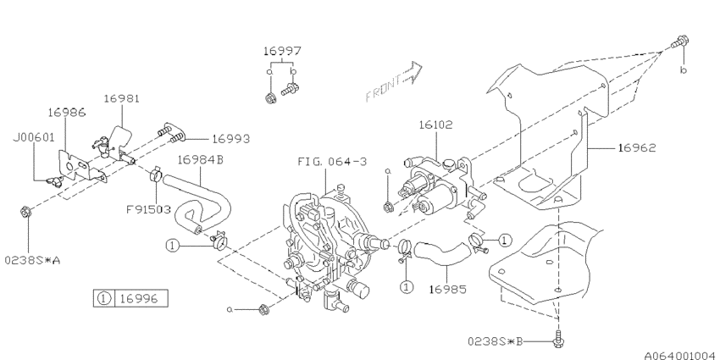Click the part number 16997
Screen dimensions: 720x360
coord(282,51)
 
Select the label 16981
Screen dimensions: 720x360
coord(122,98)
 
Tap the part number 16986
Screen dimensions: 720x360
coord(67,113)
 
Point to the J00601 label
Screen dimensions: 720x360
coord(34,137)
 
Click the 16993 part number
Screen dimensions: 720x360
coord(230,139)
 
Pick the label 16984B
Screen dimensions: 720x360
coord(200,159)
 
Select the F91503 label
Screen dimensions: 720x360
coord(149,210)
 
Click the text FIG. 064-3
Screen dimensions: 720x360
coord(332,162)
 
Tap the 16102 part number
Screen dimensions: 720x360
coord(435,125)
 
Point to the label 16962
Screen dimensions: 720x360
coord(637,148)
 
